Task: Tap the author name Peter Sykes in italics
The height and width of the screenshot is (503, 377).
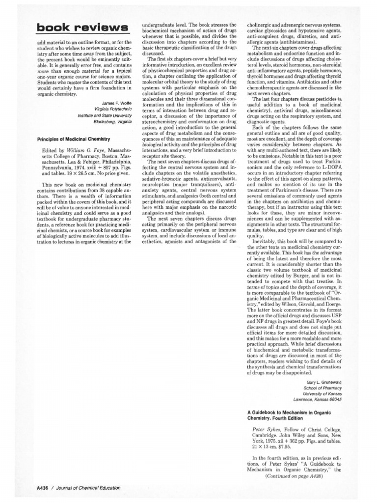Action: [x=266, y=428]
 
